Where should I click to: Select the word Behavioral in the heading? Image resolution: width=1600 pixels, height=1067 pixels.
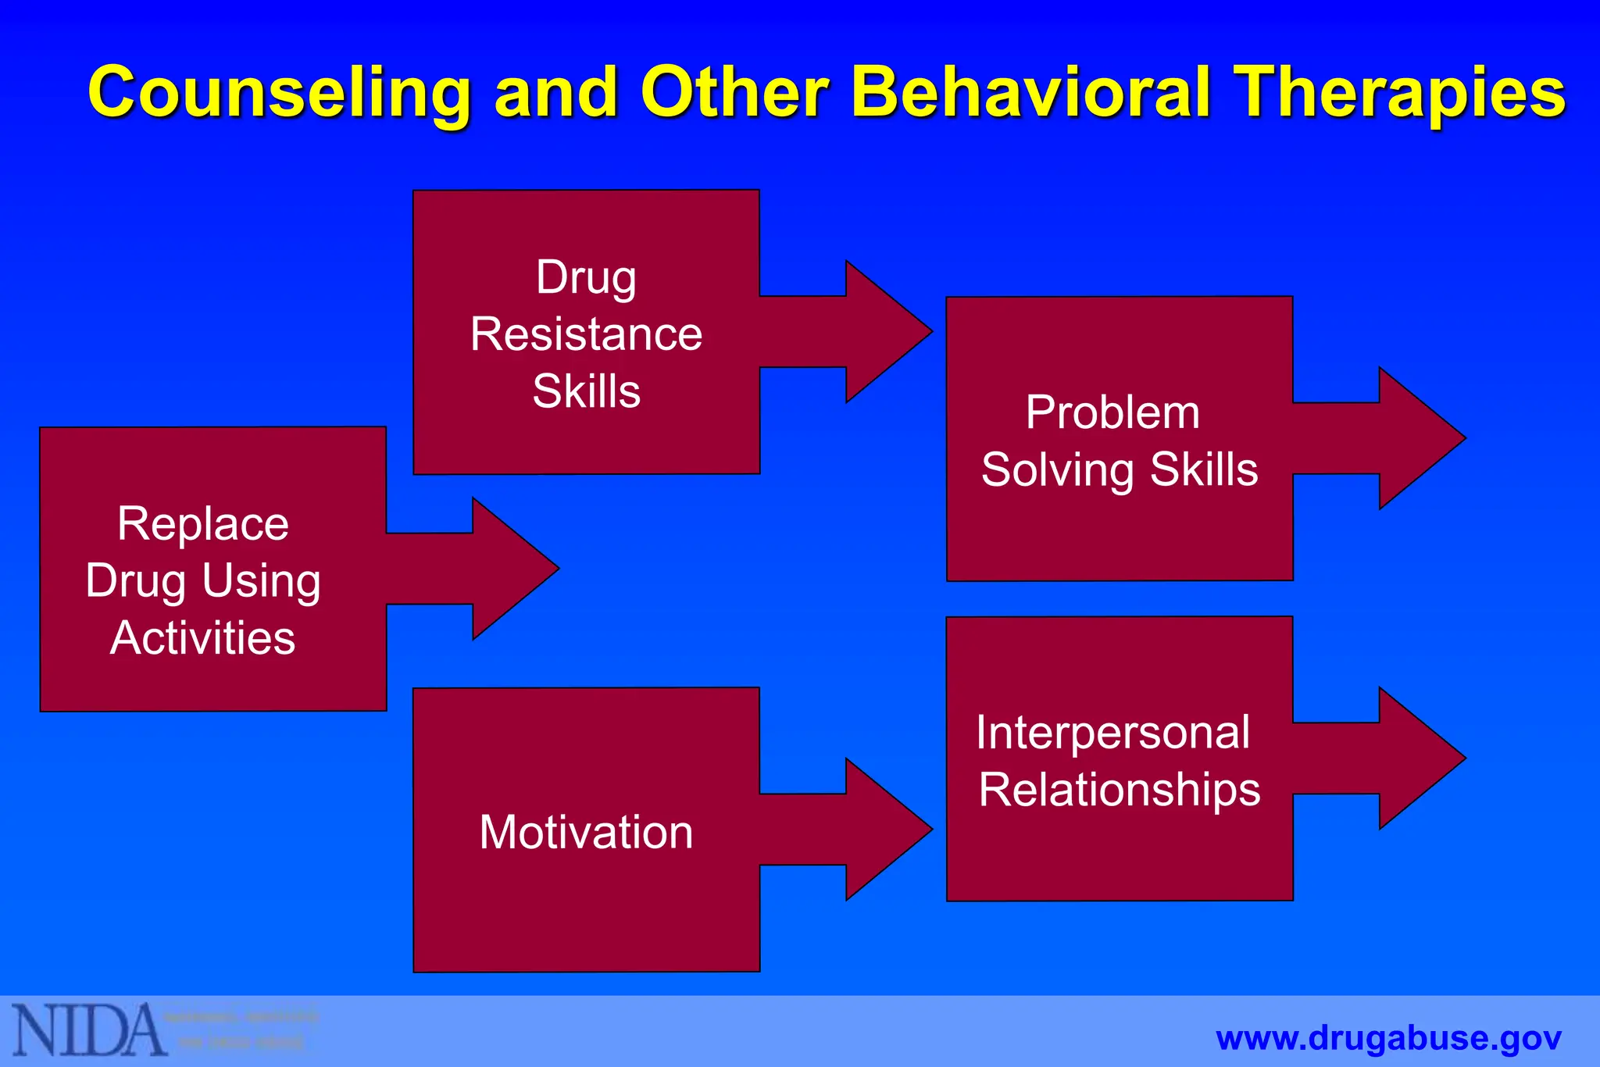tap(1031, 91)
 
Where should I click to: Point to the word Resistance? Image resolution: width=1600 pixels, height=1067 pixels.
tap(586, 334)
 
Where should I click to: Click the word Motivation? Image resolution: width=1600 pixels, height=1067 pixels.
tap(586, 832)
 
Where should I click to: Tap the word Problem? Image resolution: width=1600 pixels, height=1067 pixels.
tap(1112, 412)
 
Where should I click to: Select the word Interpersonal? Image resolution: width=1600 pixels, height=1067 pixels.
tap(1112, 733)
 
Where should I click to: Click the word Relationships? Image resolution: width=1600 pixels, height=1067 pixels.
tap(1120, 790)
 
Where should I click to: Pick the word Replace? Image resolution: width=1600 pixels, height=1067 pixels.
tap(203, 523)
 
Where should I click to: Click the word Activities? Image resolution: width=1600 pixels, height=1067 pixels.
tap(203, 638)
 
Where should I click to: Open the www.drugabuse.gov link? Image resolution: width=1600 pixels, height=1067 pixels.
tap(1388, 1039)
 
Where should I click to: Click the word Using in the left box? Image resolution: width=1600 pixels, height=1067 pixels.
tap(261, 581)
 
